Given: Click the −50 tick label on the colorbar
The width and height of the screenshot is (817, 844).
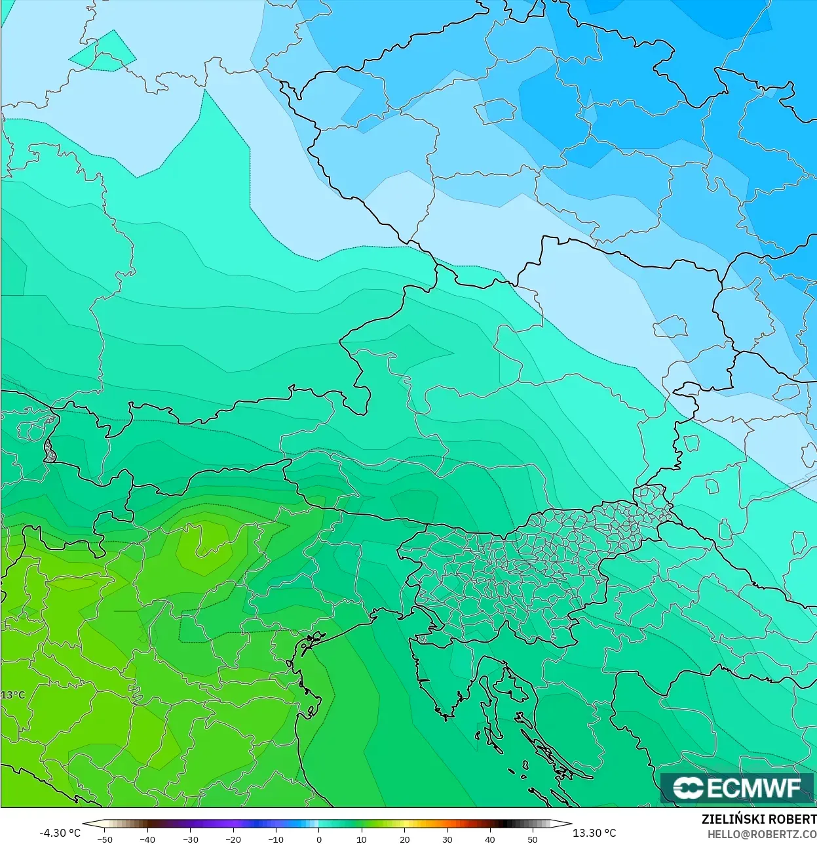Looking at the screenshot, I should (105, 839).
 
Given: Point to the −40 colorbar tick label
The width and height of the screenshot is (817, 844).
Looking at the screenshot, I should (147, 839).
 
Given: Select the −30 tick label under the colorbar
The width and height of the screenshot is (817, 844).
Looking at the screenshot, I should (190, 839).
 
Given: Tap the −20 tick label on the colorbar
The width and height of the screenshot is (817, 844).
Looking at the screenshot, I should (233, 839).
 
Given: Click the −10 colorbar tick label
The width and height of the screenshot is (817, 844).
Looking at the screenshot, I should (276, 839).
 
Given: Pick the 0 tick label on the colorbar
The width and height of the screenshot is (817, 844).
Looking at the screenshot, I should (319, 839).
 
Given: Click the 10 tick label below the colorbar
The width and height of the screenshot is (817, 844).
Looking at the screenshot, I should (362, 839).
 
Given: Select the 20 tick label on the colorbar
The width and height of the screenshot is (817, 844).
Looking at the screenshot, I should (404, 839).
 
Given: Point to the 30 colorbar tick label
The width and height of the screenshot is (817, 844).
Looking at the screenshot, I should (447, 839).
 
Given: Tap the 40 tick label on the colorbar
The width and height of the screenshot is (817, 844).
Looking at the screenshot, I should (489, 839).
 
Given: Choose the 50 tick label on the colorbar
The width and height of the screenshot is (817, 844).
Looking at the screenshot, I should (532, 839).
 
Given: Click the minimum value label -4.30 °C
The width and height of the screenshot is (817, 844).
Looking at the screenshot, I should (60, 833).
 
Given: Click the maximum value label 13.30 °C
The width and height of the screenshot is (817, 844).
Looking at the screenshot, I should (594, 833).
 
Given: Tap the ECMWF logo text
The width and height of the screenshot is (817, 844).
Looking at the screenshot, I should (753, 788).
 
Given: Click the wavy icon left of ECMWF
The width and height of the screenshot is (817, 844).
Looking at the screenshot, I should (688, 788).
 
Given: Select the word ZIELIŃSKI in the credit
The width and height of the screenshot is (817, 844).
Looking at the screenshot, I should (730, 819).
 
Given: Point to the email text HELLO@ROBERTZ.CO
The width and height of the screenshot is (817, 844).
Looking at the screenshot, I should (762, 834).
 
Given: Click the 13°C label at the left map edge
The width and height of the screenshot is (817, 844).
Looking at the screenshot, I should (12, 695).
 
